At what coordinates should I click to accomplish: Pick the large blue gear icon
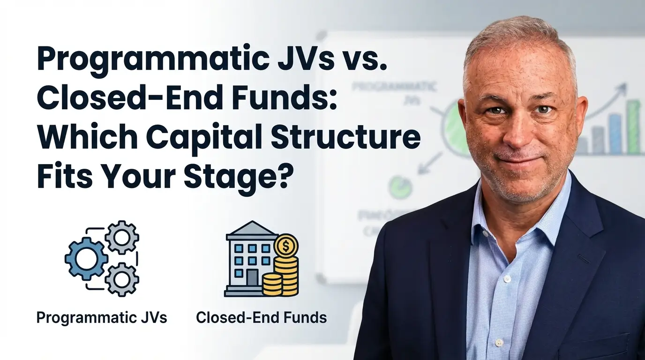click(86, 259)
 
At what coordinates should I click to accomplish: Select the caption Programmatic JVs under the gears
click(102, 317)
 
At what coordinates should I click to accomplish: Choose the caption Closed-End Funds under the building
click(261, 317)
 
